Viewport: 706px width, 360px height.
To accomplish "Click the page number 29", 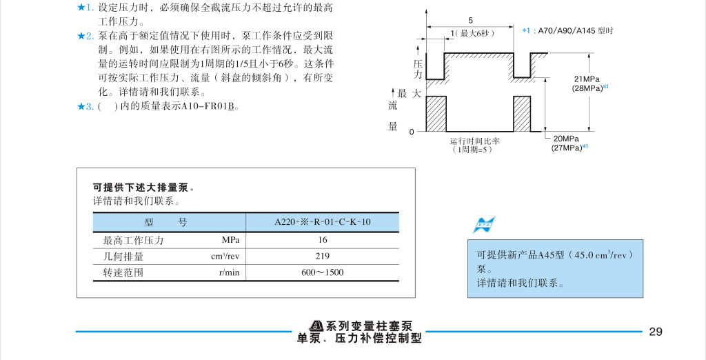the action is (x=655, y=332).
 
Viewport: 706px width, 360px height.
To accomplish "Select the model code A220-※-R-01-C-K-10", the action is (x=322, y=222).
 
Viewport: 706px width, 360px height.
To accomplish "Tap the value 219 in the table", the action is (x=322, y=257).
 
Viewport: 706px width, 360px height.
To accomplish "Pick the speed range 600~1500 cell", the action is (x=322, y=272).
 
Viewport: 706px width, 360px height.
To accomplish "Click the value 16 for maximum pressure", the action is (x=322, y=241).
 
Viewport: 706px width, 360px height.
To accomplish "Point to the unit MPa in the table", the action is (x=230, y=241).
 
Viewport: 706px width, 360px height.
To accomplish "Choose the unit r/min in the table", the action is (x=229, y=272).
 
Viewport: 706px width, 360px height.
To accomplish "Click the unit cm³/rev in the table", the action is (x=225, y=257).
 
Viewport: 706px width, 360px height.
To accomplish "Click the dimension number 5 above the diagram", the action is (x=471, y=20).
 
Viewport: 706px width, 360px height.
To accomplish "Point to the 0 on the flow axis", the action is (x=412, y=131).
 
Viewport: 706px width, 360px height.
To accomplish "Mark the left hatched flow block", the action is (x=436, y=113).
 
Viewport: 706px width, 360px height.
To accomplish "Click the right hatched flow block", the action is (x=522, y=113).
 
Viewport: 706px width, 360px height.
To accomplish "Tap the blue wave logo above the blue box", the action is (x=484, y=224).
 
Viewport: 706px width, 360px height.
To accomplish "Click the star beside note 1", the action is (x=81, y=8).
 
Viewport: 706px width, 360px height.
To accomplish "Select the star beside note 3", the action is (x=81, y=106).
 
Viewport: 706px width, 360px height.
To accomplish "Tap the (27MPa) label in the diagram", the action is (x=566, y=148).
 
